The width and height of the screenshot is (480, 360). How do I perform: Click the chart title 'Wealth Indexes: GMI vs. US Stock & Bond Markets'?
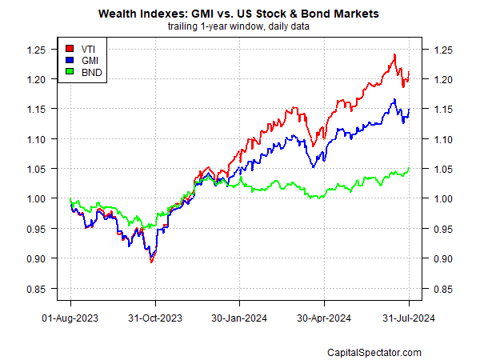[x=239, y=14]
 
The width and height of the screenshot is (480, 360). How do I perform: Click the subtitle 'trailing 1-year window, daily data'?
[x=239, y=26]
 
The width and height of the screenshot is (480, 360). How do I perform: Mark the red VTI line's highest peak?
[x=394, y=54]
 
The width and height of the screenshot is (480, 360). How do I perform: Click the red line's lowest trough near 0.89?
[x=152, y=262]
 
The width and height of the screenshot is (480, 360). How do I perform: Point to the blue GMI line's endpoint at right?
[x=410, y=109]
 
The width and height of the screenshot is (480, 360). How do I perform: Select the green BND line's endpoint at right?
[x=410, y=168]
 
